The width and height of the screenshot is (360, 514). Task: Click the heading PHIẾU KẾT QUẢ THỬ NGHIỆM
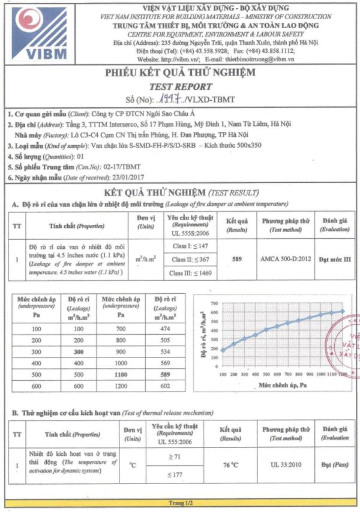(x=180, y=73)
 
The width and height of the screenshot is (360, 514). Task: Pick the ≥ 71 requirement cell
(x=191, y=456)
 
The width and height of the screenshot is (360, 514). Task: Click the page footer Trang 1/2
(x=179, y=501)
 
